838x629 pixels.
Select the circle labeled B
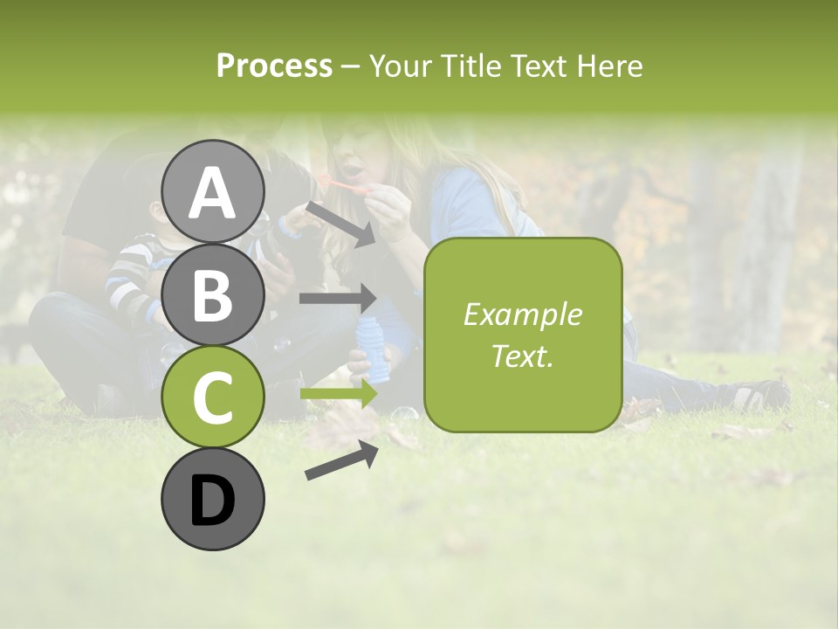tap(213, 294)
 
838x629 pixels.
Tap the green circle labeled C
tap(213, 397)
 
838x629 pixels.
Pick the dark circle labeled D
tap(213, 500)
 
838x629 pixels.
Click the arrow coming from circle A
tap(340, 223)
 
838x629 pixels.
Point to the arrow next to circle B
tap(337, 299)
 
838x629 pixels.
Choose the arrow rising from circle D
tap(341, 460)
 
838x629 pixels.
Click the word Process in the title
tap(274, 66)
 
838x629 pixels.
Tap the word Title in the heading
tap(468, 66)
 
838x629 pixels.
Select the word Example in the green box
tap(522, 314)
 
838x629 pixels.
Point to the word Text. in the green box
tap(522, 356)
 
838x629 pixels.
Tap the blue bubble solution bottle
tap(376, 349)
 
